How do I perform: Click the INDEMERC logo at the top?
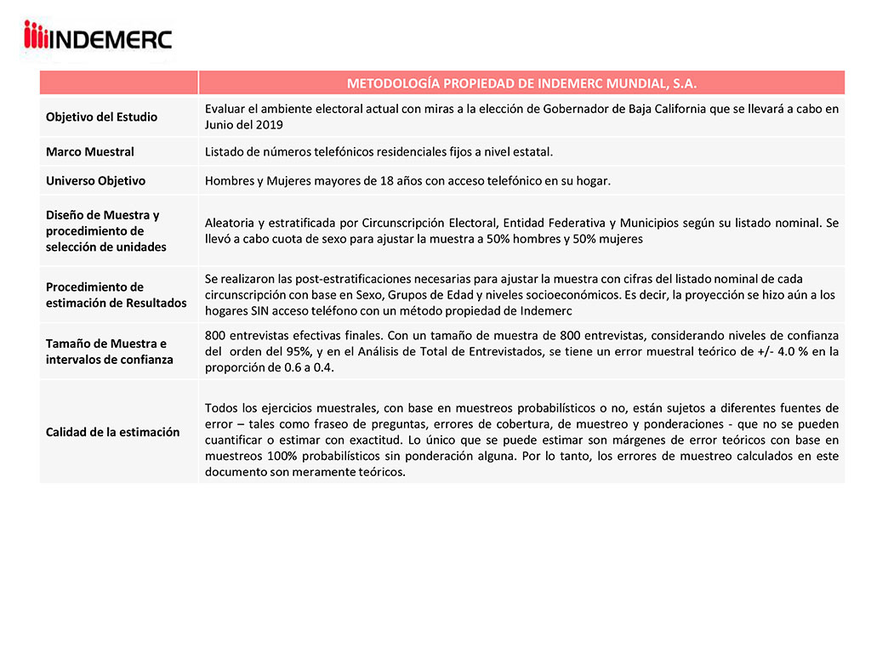point(98,37)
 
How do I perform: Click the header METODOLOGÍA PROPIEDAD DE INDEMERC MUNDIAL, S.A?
point(521,83)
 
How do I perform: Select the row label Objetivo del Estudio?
point(101,116)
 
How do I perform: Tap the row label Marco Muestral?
point(89,151)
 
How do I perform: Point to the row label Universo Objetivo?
point(95,180)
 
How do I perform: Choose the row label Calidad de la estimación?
point(112,432)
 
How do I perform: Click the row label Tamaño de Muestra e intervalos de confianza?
point(106,351)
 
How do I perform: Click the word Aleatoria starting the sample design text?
point(231,223)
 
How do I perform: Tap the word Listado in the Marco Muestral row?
point(225,151)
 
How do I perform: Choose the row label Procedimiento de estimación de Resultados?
point(116,295)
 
